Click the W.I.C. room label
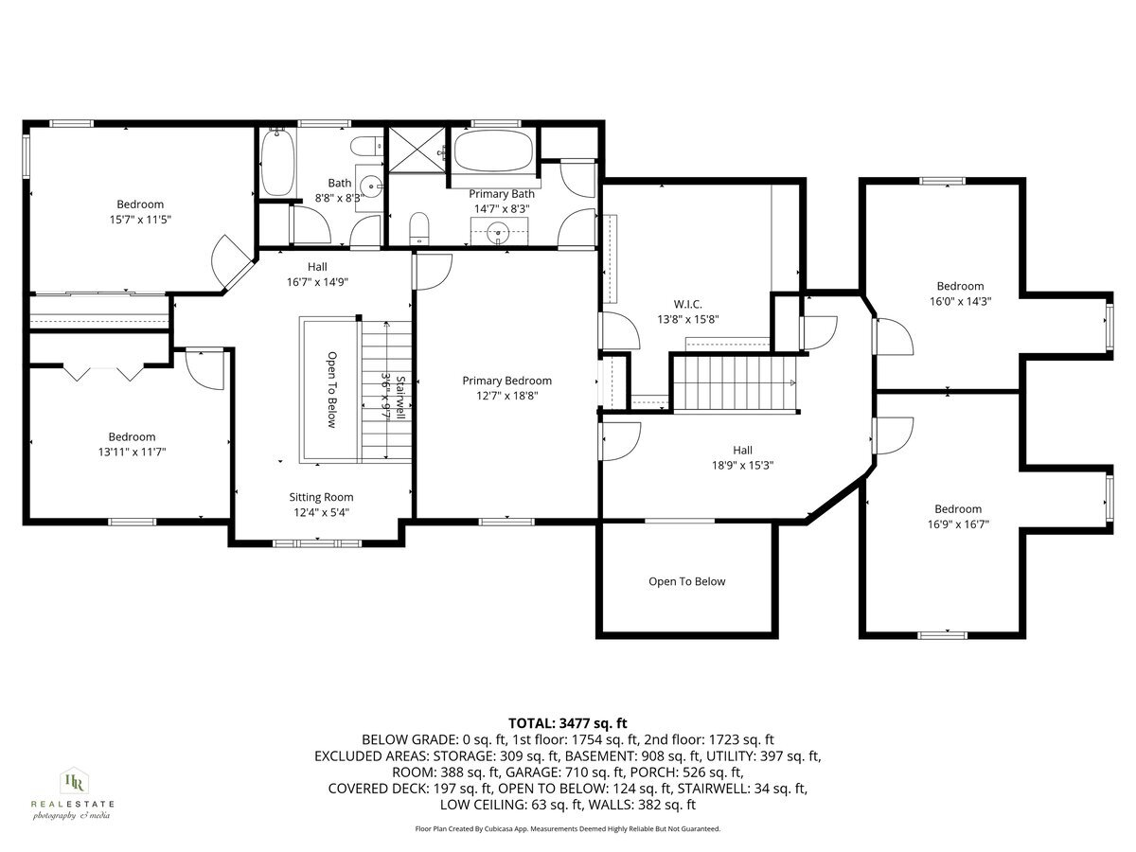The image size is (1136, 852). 687,304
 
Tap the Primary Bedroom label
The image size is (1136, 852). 506,381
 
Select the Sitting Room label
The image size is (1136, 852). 321,497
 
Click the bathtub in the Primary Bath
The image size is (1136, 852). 495,151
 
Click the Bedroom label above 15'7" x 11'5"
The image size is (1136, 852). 140,204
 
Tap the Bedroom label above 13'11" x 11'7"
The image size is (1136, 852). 132,436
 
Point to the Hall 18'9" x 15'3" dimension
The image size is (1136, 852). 742,466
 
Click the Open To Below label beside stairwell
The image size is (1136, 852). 332,390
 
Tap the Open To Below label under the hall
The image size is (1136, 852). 687,581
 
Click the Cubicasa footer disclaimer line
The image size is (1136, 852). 568,828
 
